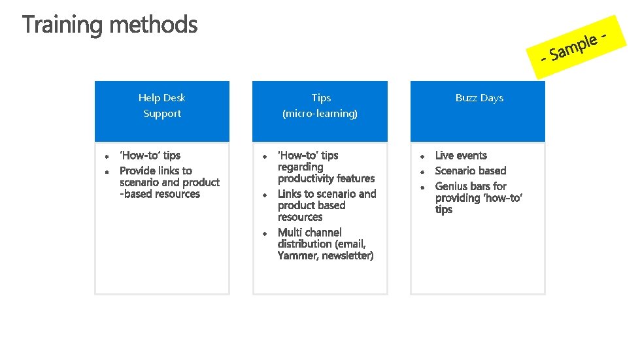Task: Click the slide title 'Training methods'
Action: click(110, 25)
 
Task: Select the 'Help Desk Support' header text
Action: click(161, 106)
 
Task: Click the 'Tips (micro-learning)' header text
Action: click(320, 106)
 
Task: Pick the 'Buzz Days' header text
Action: click(479, 98)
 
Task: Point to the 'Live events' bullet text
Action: click(461, 155)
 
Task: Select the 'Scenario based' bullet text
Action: click(471, 171)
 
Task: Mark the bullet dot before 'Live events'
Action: click(423, 157)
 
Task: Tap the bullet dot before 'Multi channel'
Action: click(265, 233)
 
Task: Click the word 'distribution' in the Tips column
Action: click(305, 244)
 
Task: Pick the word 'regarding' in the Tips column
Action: click(300, 167)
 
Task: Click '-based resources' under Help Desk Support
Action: click(160, 194)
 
